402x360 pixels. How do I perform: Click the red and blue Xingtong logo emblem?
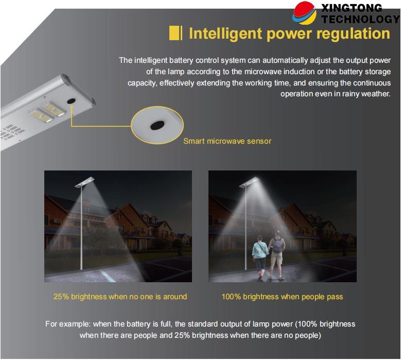[x=304, y=13]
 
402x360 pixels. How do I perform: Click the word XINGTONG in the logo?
[x=352, y=8]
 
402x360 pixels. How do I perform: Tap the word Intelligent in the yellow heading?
[x=225, y=33]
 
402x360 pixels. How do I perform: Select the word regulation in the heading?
[x=353, y=33]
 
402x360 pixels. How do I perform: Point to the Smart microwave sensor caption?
[x=227, y=141]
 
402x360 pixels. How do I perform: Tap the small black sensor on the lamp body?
[x=71, y=100]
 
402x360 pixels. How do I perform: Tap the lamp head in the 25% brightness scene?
[x=84, y=182]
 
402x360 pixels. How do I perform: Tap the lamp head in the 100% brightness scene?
[x=249, y=182]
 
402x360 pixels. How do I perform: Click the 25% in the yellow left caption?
[x=61, y=297]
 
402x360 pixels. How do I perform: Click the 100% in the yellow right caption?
[x=231, y=297]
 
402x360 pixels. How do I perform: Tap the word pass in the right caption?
[x=335, y=297]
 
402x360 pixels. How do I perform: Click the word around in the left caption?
[x=175, y=297]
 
